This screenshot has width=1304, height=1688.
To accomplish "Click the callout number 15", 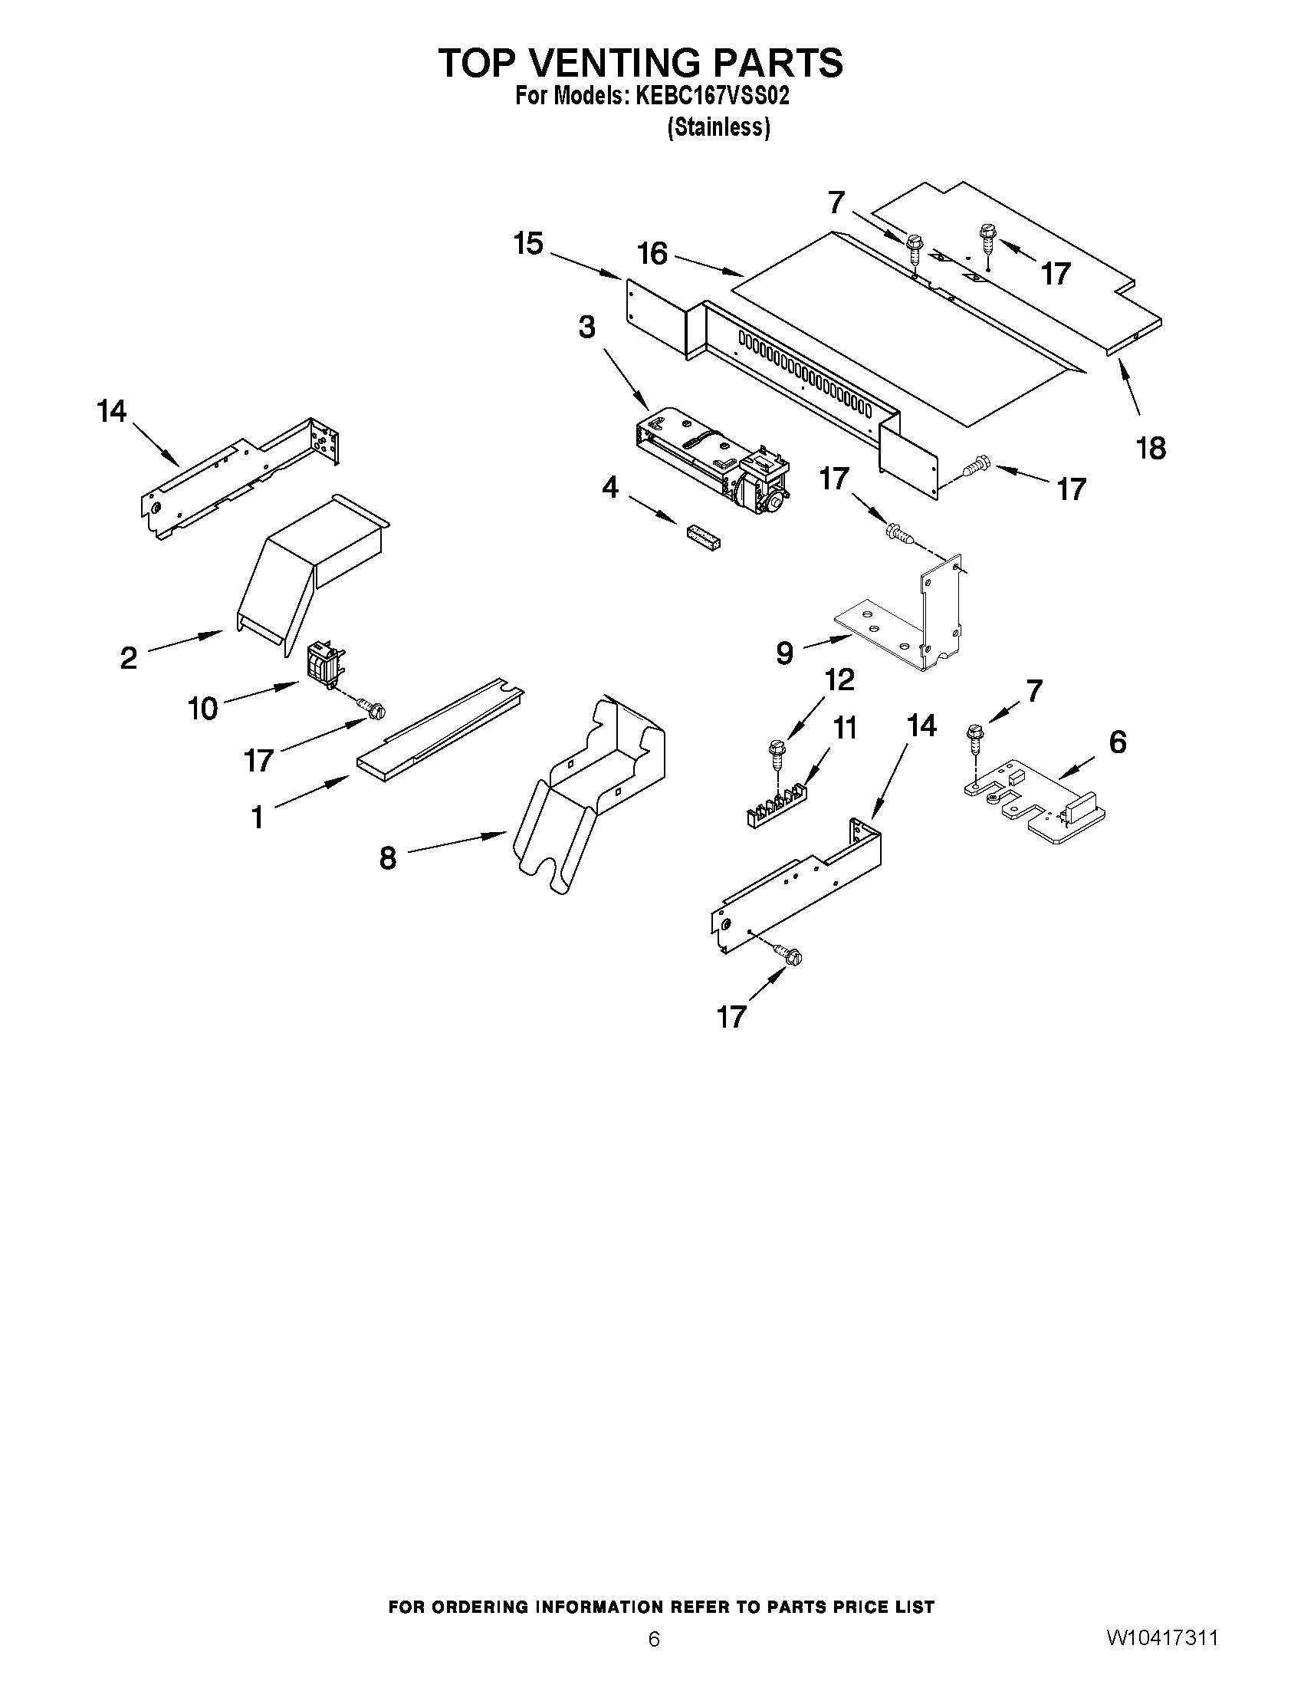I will (x=528, y=244).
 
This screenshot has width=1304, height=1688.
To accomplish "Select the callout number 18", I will (x=1151, y=448).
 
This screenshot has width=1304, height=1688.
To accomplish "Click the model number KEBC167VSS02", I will (x=711, y=97).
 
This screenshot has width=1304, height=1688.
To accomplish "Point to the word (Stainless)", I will (x=718, y=127).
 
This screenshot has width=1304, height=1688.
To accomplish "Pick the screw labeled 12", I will (x=776, y=754).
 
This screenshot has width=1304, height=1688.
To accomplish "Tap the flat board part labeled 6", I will (x=1035, y=804).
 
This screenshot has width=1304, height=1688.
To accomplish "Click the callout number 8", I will (x=388, y=858).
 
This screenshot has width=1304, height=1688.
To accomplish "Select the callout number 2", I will (x=129, y=659).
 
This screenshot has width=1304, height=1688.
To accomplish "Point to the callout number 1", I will (x=258, y=816).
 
